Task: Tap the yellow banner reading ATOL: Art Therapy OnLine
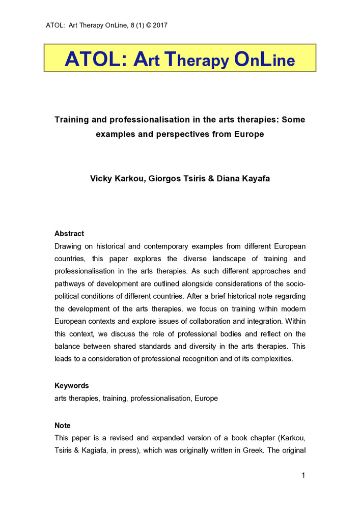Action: tap(180, 58)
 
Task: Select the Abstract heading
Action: tap(69, 234)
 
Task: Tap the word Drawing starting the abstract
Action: tap(68, 246)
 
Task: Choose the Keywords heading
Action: tap(72, 386)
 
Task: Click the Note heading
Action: tap(63, 426)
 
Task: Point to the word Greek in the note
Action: tap(263, 450)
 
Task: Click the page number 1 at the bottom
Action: tap(303, 476)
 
